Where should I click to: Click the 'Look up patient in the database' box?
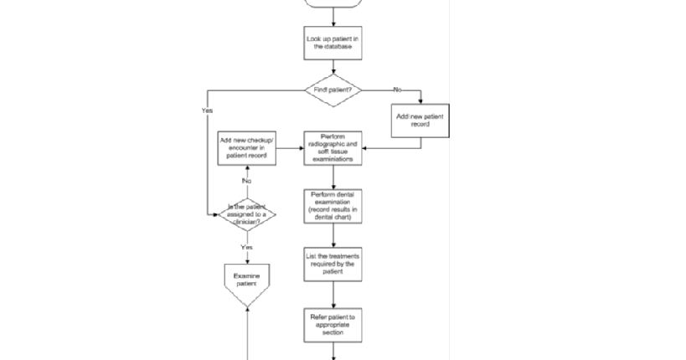pos(333,43)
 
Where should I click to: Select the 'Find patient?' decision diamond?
pos(333,89)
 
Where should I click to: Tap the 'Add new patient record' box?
pos(420,120)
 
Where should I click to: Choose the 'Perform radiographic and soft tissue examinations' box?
pos(333,148)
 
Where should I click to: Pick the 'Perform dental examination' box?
pos(333,207)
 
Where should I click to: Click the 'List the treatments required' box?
pos(333,264)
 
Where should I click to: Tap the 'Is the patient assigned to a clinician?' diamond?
pos(247,213)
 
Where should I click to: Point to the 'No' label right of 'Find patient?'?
pos(397,89)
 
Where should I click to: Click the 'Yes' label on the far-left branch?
pos(207,111)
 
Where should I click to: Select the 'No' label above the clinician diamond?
pos(247,181)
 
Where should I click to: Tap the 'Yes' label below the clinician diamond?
pos(247,248)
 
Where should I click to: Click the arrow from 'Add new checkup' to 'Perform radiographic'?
pos(290,148)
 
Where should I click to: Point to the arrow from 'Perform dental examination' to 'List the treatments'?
pos(333,234)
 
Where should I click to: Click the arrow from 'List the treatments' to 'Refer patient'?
pos(333,295)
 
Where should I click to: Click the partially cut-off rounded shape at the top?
pos(333,3)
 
